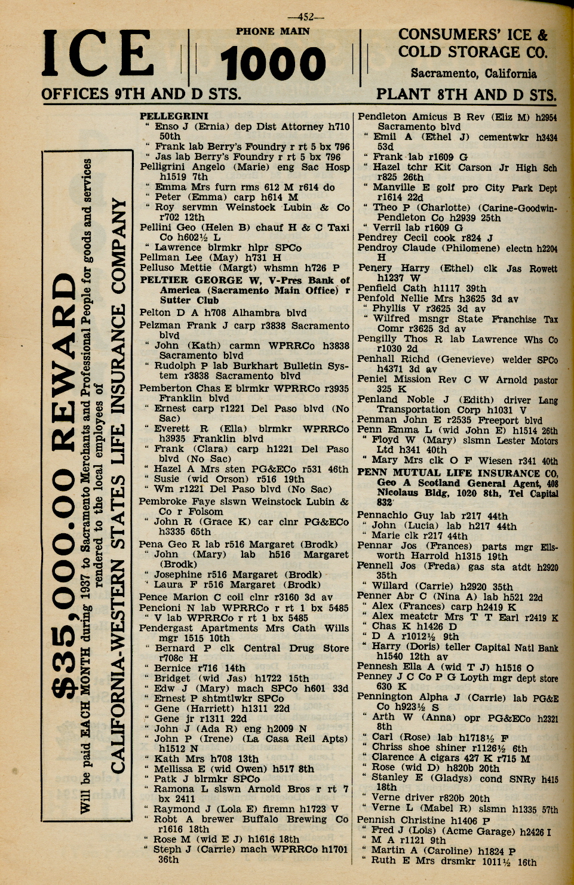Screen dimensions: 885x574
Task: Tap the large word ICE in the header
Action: coord(98,55)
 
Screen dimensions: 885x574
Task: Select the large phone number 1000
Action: coord(272,64)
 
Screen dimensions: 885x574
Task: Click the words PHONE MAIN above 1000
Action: coord(272,32)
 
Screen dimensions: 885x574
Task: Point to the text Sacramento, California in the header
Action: coord(473,73)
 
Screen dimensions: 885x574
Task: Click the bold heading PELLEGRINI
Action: coord(174,116)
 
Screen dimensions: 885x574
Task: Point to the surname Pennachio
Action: coord(383,515)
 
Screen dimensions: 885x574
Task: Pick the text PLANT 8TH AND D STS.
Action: coord(466,94)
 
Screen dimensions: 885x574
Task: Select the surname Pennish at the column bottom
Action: coord(376,820)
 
